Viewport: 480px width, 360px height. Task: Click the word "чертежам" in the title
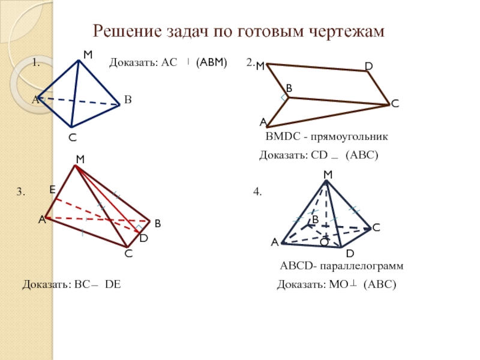point(347,32)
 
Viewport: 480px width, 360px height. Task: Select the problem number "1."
point(36,62)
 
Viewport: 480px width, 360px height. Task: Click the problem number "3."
point(20,192)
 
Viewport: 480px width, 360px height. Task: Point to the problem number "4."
point(257,192)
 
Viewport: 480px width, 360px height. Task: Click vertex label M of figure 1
point(88,55)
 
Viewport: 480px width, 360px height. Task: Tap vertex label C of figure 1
point(72,137)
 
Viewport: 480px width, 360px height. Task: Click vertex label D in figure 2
point(368,64)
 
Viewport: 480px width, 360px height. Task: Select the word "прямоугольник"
point(358,137)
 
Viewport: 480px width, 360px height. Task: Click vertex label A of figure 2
point(263,122)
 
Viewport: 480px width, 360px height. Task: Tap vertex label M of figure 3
point(80,159)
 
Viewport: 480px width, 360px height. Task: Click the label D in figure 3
point(143,239)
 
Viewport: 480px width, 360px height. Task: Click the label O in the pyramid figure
point(323,242)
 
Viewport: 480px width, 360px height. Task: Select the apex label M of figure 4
point(328,174)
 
